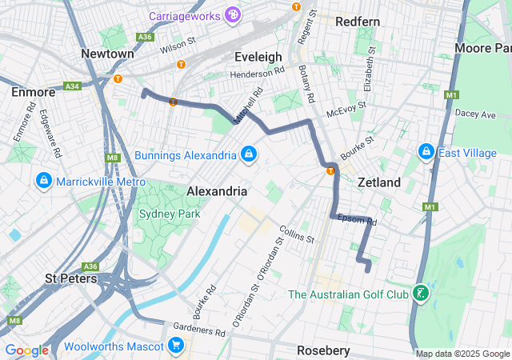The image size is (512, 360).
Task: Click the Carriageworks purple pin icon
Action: coord(232,14)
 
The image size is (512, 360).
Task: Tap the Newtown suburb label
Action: coord(107,53)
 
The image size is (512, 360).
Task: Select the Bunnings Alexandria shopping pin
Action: coord(249,154)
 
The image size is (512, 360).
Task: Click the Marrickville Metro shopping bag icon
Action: coord(43,182)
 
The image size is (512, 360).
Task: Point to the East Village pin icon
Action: coord(426,152)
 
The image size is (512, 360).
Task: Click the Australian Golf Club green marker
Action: coord(419,294)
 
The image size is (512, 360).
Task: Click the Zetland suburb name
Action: coord(378,182)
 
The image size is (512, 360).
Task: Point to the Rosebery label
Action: coord(323,350)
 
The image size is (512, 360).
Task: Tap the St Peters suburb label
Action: coord(71,278)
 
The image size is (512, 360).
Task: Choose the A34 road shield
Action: coord(72,86)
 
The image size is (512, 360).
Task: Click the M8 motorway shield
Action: coord(112,158)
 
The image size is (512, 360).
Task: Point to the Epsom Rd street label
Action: coord(356,218)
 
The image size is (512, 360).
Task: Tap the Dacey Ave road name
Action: coord(475,114)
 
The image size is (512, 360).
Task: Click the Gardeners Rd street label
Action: coord(197,329)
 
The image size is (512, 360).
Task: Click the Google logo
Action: coord(26,350)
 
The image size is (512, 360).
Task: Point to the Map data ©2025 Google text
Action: coord(462,354)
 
